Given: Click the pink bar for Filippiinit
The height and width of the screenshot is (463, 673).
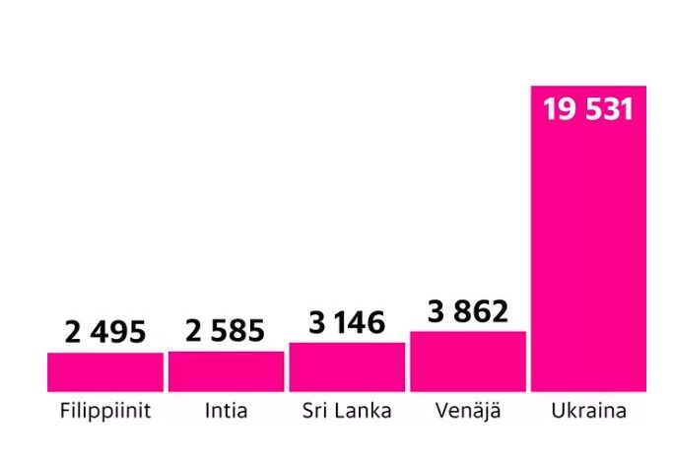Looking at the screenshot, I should (105, 372).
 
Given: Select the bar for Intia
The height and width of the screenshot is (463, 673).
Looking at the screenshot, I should (226, 371).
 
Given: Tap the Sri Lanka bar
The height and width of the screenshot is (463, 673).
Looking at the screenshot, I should (346, 367).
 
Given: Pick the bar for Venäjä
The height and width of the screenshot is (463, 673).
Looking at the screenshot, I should (467, 362).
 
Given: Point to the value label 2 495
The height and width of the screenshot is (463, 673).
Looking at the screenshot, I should (105, 332).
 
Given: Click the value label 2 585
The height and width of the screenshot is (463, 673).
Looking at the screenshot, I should (226, 332).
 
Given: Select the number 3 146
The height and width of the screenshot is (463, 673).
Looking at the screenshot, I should (346, 322).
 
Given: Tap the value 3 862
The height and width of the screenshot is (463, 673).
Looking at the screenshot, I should (467, 312).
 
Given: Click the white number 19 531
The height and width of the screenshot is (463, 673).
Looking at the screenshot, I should (588, 108).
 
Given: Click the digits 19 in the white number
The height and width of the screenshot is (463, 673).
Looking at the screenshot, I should (559, 108).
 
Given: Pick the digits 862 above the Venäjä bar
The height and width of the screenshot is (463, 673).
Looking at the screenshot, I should (482, 312).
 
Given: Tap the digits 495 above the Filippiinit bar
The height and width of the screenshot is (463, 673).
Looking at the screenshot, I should (119, 332).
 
